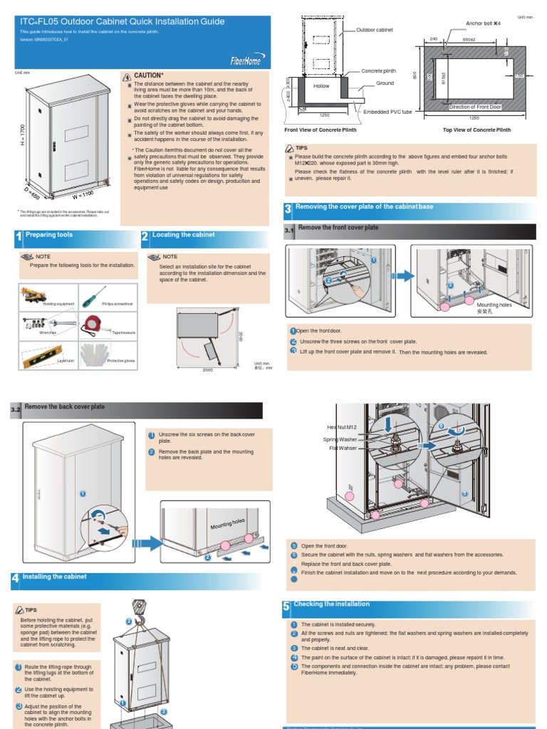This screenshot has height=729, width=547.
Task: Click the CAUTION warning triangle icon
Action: coord(127,75)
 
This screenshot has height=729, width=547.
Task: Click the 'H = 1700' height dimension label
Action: coord(24,135)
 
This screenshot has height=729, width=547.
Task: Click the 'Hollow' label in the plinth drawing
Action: coord(322,85)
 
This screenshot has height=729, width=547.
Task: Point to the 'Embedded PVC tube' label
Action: coord(387,112)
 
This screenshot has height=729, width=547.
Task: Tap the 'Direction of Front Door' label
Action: coord(475,107)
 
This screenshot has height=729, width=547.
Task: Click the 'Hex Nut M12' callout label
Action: coord(341,427)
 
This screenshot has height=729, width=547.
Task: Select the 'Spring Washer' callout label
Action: coord(340,439)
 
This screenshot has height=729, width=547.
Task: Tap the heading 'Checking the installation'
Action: coord(331,604)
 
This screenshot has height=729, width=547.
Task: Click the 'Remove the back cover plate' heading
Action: coord(64,407)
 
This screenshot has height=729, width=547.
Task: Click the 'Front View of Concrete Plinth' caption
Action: coord(320,130)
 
